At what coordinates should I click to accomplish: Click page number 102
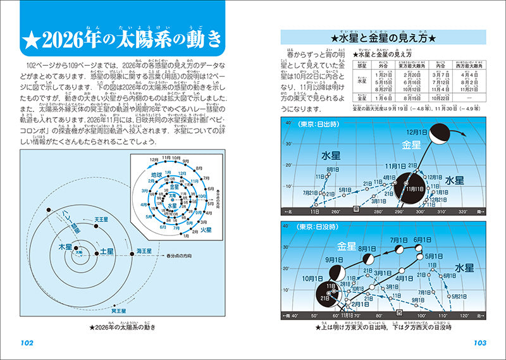tap(27, 343)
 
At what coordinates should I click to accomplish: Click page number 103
tap(479, 343)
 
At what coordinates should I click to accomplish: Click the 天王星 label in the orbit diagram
tap(102, 219)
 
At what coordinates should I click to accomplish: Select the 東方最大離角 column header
tap(410, 65)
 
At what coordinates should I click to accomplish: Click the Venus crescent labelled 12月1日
tap(437, 133)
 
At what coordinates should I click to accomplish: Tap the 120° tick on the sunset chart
tap(463, 314)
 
